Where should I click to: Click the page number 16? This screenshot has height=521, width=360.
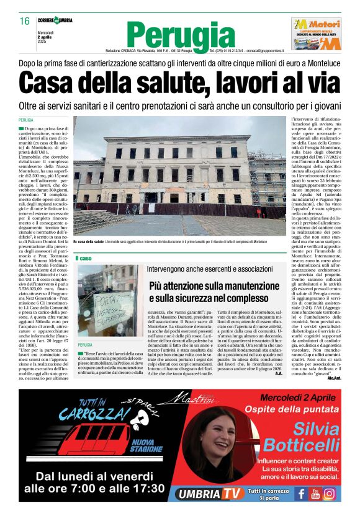point(25,21)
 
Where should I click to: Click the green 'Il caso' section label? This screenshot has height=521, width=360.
point(84,257)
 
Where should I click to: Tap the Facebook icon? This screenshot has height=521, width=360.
point(300,494)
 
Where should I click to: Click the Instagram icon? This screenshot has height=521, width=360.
point(330,494)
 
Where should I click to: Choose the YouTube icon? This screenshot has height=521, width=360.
point(315,494)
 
